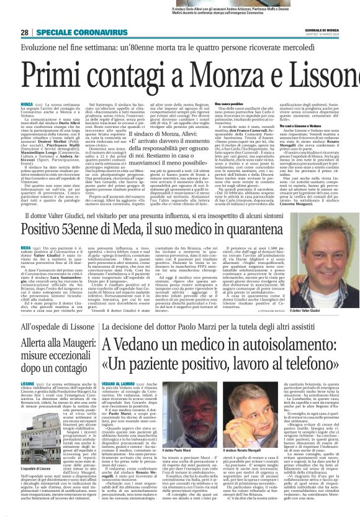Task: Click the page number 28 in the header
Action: (25, 32)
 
